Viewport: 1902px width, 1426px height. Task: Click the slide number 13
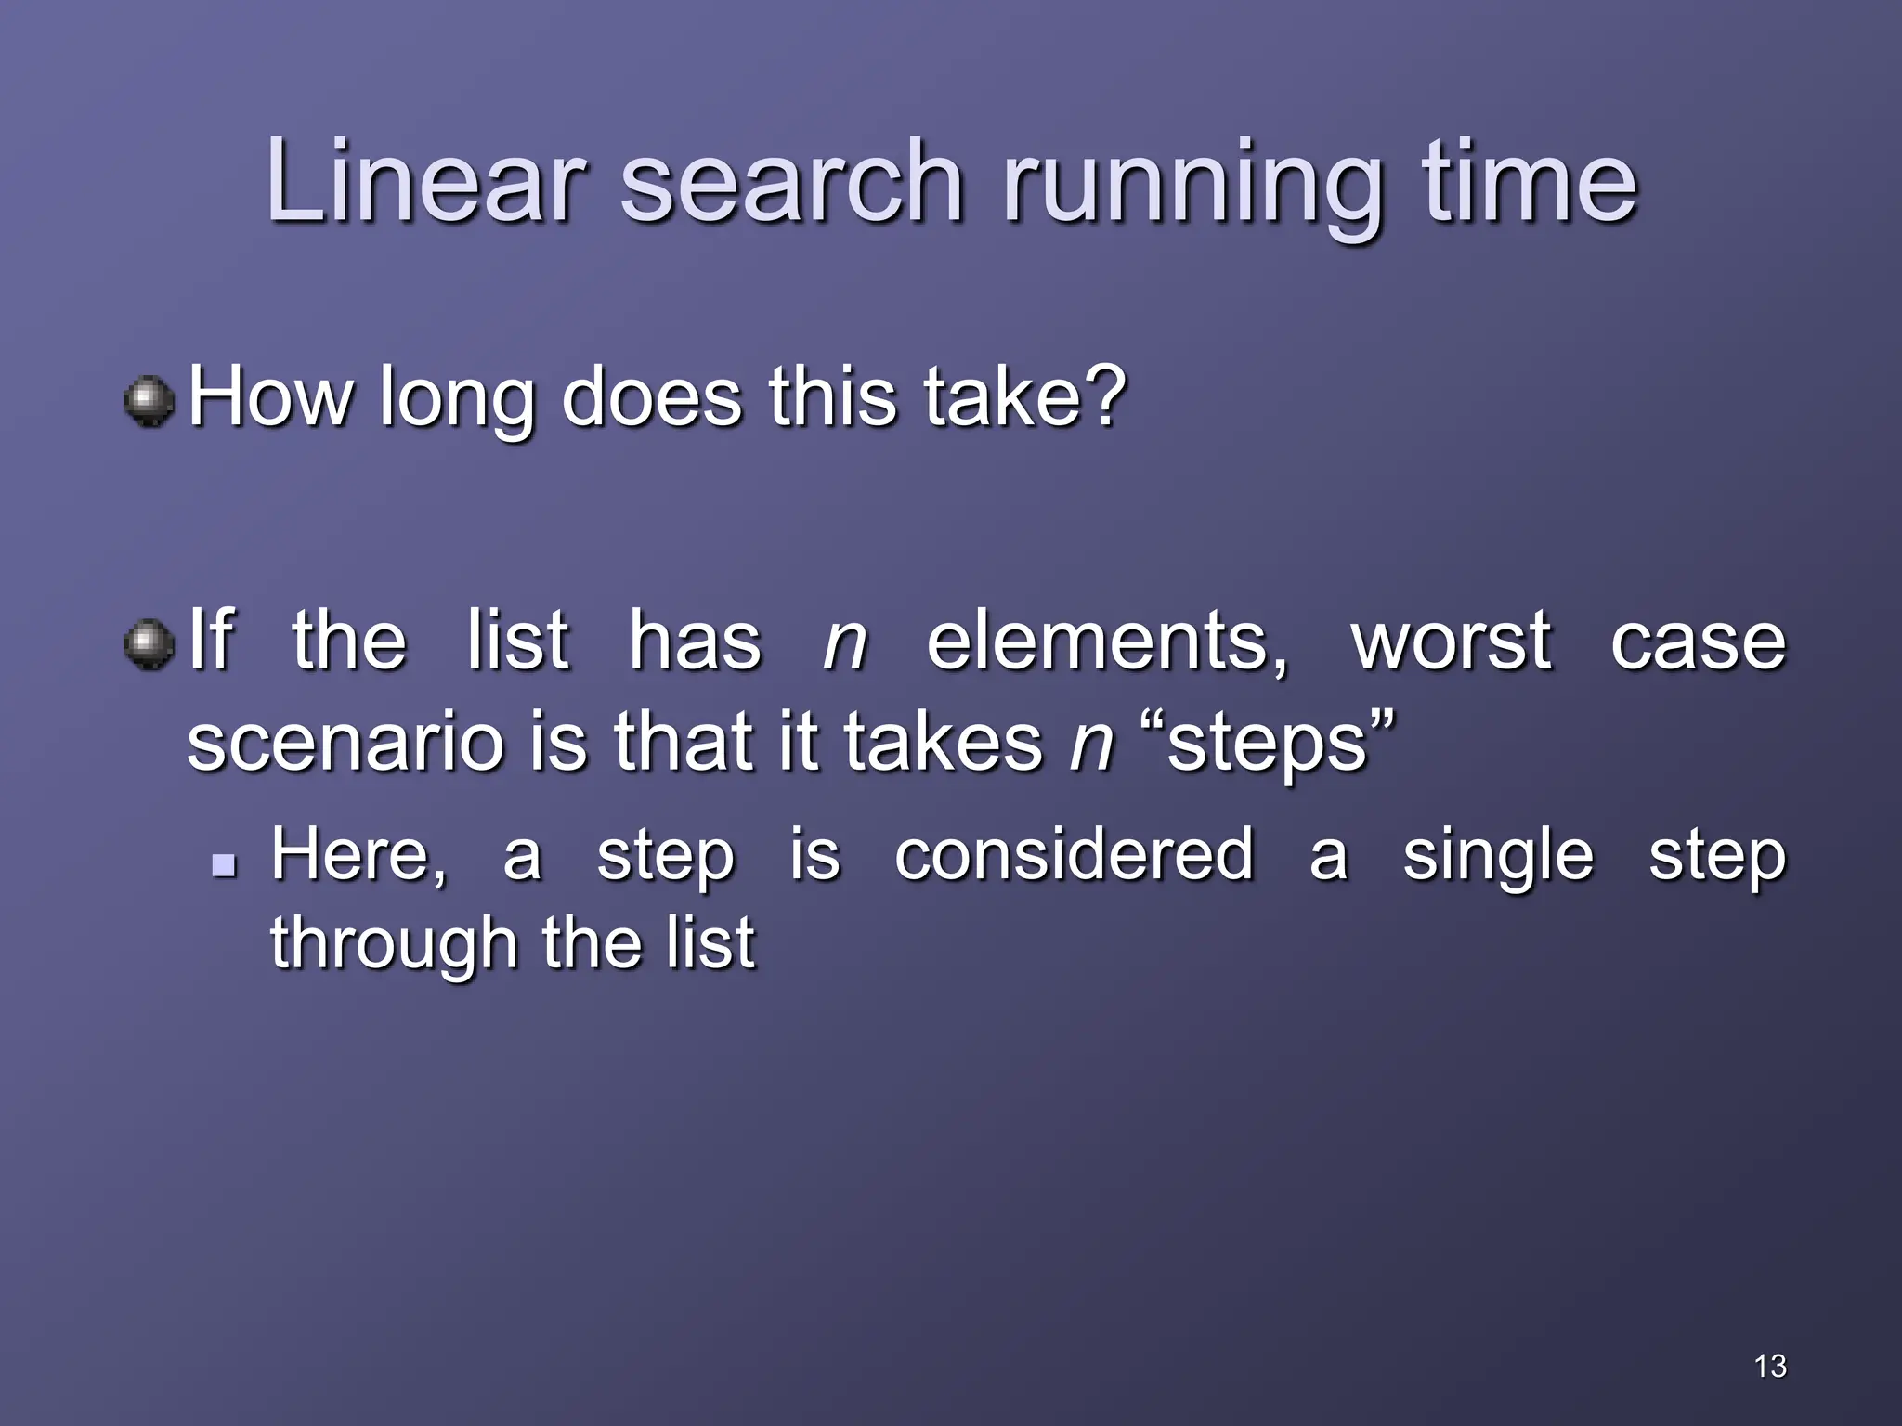pyautogui.click(x=1770, y=1366)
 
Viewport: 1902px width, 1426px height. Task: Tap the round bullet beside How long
pyautogui.click(x=150, y=402)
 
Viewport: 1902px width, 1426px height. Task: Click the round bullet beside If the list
pyautogui.click(x=150, y=644)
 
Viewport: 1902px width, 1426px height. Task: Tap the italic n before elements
pyautogui.click(x=844, y=644)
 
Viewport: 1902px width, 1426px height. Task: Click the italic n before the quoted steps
pyautogui.click(x=1091, y=745)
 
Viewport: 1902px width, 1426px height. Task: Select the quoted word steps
pyautogui.click(x=1267, y=745)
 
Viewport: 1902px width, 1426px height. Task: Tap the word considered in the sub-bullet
pyautogui.click(x=1074, y=854)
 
